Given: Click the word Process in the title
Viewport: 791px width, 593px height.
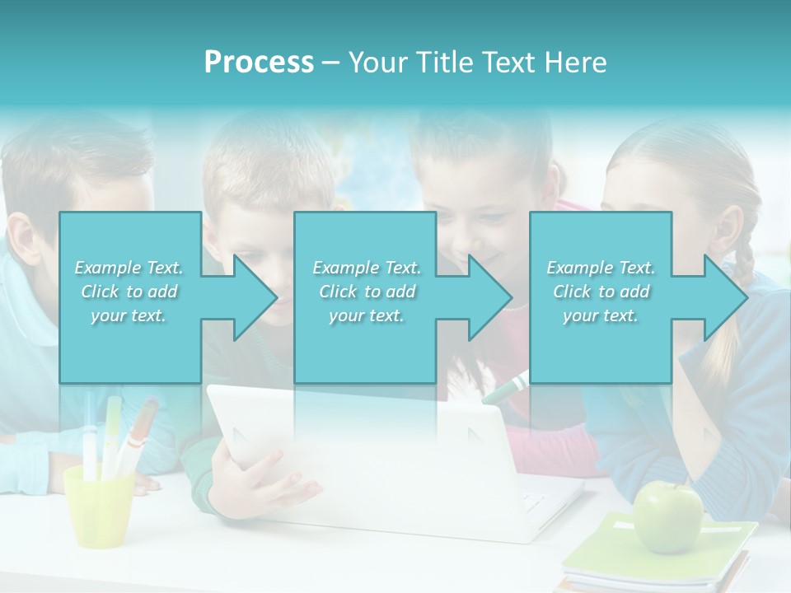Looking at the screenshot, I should [259, 63].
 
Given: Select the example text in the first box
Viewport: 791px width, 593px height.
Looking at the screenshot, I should [129, 292].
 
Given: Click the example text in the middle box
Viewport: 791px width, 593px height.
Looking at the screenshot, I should [367, 292].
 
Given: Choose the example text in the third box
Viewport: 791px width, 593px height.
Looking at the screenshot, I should [601, 292].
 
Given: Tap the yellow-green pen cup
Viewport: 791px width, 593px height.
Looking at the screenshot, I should [98, 506].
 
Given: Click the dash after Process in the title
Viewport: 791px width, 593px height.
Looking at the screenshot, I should [330, 63].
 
